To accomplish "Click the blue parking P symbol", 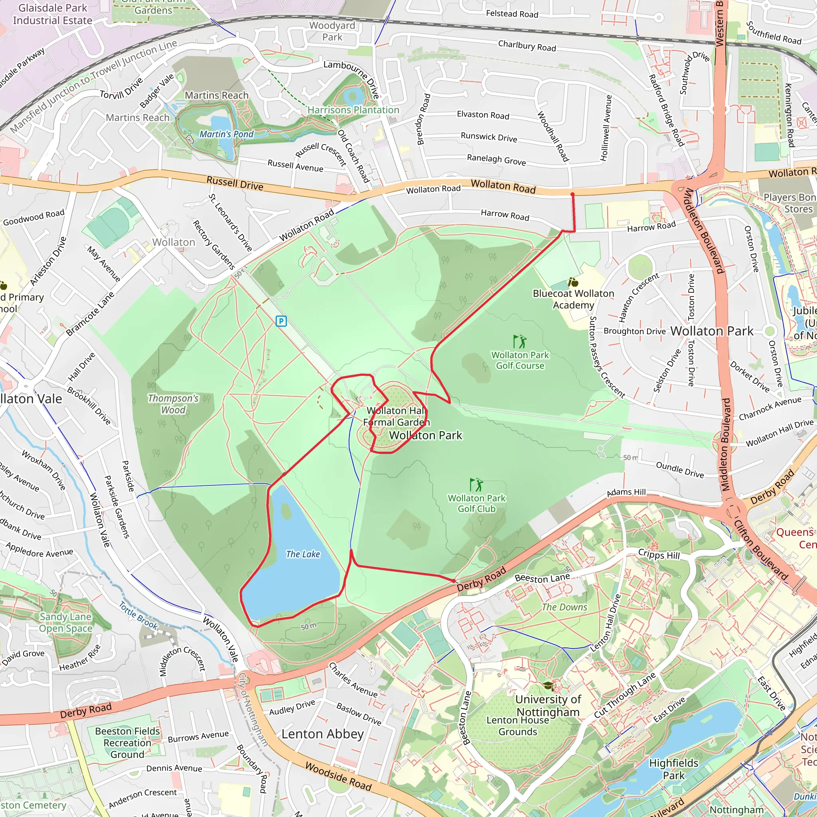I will pyautogui.click(x=281, y=322).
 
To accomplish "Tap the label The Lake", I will pyautogui.click(x=303, y=554).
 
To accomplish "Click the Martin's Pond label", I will pyautogui.click(x=226, y=134).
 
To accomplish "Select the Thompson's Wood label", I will pyautogui.click(x=174, y=404).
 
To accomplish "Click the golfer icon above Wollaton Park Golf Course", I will pyautogui.click(x=520, y=341).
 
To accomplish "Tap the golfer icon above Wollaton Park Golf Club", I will pyautogui.click(x=476, y=484).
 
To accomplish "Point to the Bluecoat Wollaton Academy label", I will pyautogui.click(x=573, y=299).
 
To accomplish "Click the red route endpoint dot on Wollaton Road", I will pyautogui.click(x=572, y=195).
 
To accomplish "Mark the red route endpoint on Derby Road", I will pyautogui.click(x=454, y=581).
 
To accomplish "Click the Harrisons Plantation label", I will pyautogui.click(x=353, y=110).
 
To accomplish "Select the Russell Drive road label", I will pyautogui.click(x=235, y=183).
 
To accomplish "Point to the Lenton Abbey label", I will pyautogui.click(x=322, y=734).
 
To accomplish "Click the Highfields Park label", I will pyautogui.click(x=674, y=769).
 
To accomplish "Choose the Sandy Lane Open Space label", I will pyautogui.click(x=65, y=622).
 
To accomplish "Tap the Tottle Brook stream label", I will pyautogui.click(x=138, y=615).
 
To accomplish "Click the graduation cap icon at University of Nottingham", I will pyautogui.click(x=548, y=686).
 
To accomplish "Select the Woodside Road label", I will pyautogui.click(x=338, y=776).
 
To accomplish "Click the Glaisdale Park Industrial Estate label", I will pyautogui.click(x=52, y=14).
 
